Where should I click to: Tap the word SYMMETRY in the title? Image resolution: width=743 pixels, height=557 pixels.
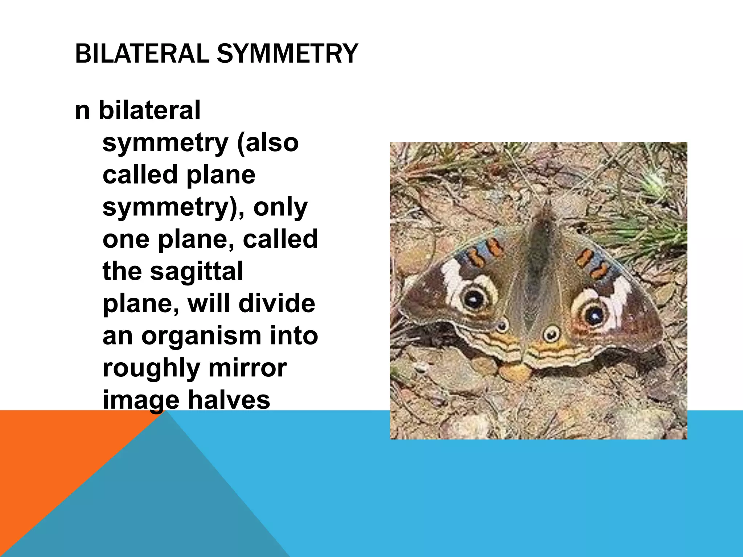tap(287, 54)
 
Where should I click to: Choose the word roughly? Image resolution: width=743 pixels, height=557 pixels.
tap(151, 368)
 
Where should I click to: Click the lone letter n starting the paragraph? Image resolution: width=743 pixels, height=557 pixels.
tap(82, 111)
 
